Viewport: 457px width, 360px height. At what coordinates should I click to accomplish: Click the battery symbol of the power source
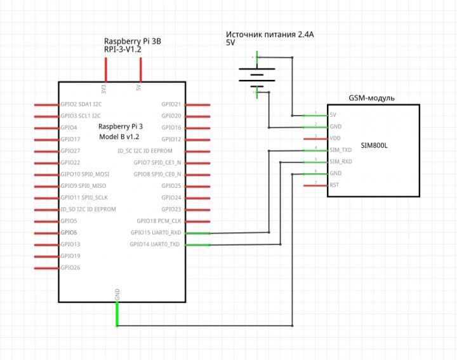pos(256,76)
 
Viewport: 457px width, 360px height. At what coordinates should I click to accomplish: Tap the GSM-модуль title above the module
pos(372,98)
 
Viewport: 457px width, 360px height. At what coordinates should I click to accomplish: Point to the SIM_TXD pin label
pos(341,150)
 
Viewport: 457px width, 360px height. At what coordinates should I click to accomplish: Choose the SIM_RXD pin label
pos(341,162)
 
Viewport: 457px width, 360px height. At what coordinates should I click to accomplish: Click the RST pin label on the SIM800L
pos(334,185)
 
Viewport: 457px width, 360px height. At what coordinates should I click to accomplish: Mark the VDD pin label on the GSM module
pos(336,138)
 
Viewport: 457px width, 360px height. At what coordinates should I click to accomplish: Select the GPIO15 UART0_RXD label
pos(155,232)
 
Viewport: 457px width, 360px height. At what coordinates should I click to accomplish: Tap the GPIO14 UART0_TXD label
pos(155,244)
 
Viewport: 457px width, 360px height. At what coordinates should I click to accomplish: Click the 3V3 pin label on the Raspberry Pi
pos(104,87)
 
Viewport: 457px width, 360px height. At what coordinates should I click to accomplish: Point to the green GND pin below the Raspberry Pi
pos(117,314)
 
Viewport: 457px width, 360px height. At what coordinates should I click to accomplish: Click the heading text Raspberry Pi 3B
pos(133,41)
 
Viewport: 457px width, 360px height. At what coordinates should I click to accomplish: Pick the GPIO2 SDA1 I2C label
pos(81,103)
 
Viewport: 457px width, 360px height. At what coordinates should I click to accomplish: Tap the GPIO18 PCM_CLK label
pos(159,221)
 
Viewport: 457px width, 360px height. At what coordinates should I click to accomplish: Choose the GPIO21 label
pos(171,103)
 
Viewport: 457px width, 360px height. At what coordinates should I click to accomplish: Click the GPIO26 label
pos(70,267)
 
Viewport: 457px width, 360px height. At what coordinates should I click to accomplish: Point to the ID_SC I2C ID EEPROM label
pos(145,150)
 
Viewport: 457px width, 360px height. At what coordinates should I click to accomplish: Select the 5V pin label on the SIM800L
pos(333,115)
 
